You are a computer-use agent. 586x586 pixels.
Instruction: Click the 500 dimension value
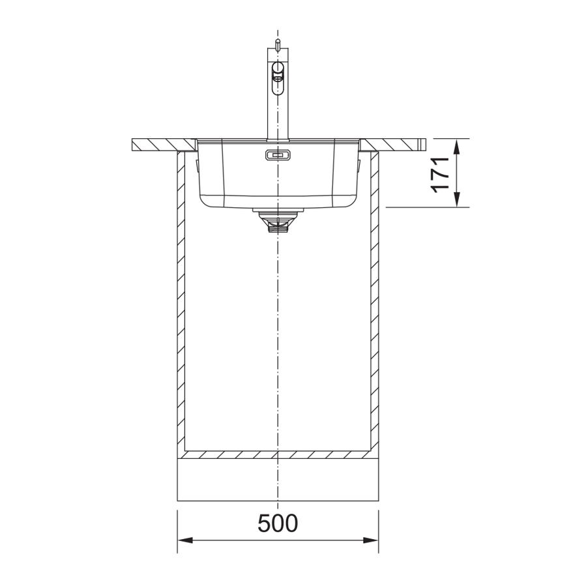[278, 523]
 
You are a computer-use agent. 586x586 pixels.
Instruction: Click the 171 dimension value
[440, 175]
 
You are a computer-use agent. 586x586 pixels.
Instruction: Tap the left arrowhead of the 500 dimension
[185, 540]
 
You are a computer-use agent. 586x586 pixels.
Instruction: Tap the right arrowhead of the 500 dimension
[371, 540]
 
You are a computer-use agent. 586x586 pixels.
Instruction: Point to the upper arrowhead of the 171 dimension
[456, 147]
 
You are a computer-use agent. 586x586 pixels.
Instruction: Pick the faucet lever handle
[278, 78]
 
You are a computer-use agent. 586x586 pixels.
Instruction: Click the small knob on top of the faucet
[277, 44]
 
